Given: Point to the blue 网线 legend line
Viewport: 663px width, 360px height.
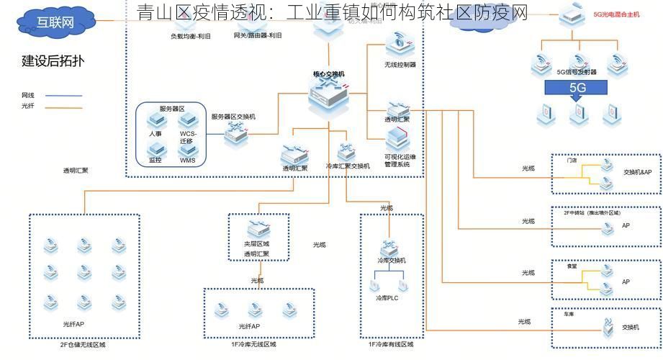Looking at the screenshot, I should pos(64,96).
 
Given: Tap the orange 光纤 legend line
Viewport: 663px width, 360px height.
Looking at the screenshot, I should pos(64,107).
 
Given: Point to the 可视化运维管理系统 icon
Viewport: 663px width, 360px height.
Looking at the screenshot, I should pos(397,139).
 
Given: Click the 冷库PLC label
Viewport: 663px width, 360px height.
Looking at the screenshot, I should pos(387,298).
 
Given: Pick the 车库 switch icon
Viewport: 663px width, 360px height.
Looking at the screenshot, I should pos(608,328).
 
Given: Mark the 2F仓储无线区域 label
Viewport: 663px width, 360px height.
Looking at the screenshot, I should pos(82,345).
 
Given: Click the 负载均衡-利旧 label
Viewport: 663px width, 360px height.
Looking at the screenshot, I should pos(191,36).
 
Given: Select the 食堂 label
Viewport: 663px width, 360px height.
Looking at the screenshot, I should pos(572,266).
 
